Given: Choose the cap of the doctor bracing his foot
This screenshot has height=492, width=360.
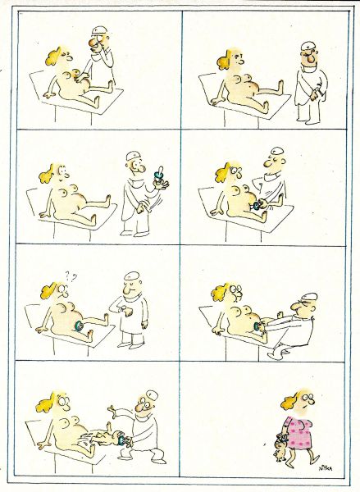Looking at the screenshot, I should click(308, 296).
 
